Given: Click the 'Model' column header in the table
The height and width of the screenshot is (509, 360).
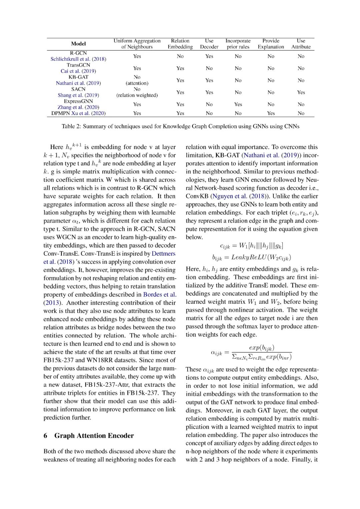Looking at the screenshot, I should point(78,44).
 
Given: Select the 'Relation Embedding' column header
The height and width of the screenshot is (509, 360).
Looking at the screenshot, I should point(180,44).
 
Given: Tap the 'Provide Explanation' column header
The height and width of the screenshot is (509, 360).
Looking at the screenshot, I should point(271,44).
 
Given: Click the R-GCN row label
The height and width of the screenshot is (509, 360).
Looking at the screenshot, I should point(78,53).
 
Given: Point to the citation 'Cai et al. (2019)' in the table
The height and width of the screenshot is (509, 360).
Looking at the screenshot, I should point(78,71).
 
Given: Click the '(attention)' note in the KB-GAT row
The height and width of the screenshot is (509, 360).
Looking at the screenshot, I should point(137,83).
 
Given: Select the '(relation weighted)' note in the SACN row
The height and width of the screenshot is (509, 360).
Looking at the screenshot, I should point(137,95).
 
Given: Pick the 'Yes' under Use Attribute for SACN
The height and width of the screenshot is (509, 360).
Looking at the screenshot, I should point(301,92).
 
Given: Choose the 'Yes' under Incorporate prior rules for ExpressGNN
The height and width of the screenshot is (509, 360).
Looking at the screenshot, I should point(238,104).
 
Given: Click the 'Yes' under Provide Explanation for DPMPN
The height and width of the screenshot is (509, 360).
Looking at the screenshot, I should point(271,113).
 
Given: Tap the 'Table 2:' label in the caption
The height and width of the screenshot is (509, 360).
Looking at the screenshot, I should point(71,126).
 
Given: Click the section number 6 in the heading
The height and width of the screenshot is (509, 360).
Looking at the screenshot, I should point(45,436).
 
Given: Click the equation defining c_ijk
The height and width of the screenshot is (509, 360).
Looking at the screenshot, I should point(251,246).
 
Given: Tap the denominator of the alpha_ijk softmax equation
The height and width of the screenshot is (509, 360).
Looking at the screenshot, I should point(262,357).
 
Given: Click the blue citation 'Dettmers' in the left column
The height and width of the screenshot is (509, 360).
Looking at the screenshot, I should point(163,254).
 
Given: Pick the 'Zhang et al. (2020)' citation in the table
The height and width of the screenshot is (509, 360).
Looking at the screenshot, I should point(78,107).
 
